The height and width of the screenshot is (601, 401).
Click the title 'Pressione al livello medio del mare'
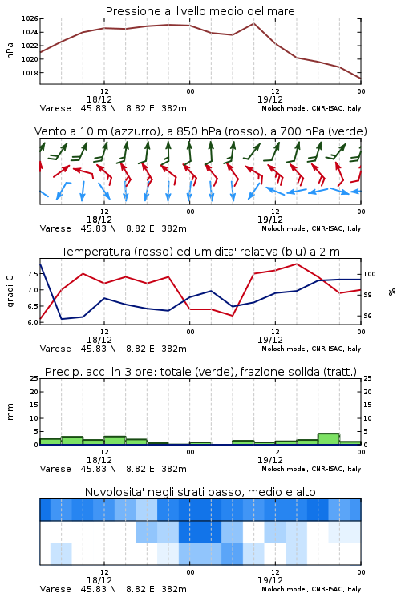click(200, 11)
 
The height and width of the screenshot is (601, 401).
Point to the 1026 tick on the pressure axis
click(30, 18)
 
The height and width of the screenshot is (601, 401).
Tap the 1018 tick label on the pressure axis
click(30, 73)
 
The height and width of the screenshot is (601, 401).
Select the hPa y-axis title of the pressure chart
click(10, 50)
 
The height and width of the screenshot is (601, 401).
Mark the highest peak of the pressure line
click(253, 23)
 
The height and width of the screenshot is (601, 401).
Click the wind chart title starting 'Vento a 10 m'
click(200, 131)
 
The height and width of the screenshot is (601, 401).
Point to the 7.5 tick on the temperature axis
click(33, 274)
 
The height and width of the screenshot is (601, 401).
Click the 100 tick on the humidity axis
click(369, 274)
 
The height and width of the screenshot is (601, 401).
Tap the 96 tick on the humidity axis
click(367, 316)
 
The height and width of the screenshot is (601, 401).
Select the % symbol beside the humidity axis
click(392, 292)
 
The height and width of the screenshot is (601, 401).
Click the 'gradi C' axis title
click(10, 292)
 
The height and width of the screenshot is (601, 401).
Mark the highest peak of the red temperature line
click(296, 264)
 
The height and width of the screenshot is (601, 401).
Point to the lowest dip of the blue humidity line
click(62, 319)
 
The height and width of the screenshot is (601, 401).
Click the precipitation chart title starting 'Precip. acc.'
click(200, 372)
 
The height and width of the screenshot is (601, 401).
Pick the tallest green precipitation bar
click(329, 439)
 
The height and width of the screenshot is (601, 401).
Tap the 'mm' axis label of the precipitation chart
click(10, 412)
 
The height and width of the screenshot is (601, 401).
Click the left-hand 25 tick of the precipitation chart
click(34, 378)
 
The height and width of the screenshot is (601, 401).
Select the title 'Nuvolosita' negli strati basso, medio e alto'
click(200, 492)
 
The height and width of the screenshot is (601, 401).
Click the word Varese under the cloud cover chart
click(55, 589)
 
